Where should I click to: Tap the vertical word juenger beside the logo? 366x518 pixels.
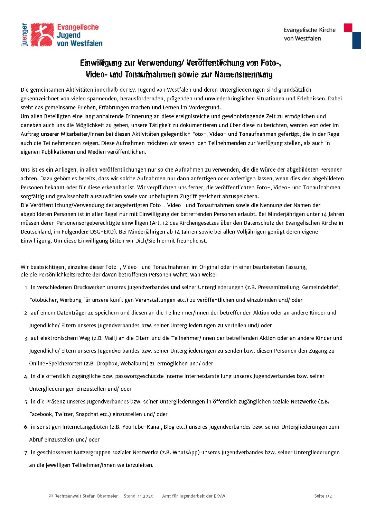click(x=24, y=35)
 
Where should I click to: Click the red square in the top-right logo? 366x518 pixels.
click(x=348, y=28)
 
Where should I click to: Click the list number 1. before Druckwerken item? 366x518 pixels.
click(x=26, y=288)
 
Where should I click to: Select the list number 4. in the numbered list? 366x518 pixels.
click(x=26, y=376)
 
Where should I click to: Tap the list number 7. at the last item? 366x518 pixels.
click(x=26, y=453)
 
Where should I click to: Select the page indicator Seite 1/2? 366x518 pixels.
click(x=323, y=496)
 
